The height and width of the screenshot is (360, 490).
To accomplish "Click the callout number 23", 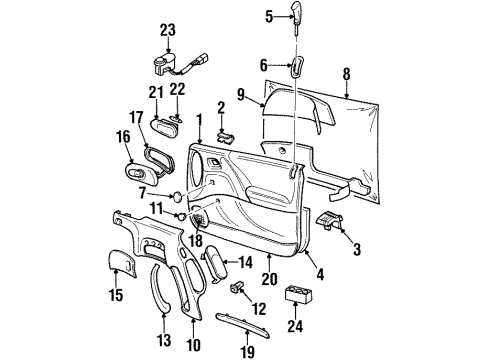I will tap(166, 30).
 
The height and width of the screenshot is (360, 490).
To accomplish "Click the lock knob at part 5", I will tap(298, 14).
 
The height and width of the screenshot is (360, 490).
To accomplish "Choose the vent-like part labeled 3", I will tap(330, 222).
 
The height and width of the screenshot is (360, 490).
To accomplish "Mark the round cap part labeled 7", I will tap(176, 194).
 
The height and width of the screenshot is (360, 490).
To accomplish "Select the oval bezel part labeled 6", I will tap(298, 67).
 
